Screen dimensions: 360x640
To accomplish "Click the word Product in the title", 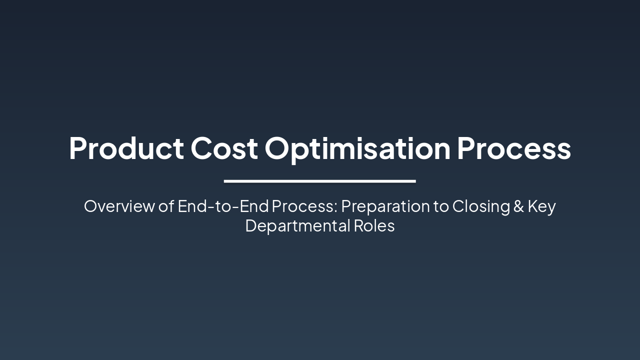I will click(126, 148).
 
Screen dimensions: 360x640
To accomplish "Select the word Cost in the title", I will click(224, 148).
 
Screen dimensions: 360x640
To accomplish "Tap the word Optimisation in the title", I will click(357, 148).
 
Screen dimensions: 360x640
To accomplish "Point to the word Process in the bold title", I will click(513, 148).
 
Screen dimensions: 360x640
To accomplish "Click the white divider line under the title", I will click(320, 181).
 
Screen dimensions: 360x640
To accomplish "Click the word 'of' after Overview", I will click(166, 206).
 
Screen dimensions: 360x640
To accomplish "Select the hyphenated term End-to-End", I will click(223, 206).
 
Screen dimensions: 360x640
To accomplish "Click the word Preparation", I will click(385, 206).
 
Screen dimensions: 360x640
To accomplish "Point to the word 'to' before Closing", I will click(441, 206).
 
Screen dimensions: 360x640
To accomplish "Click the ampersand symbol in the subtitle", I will click(518, 206).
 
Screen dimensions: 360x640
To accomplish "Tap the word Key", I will click(542, 206).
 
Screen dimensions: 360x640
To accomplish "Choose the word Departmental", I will click(297, 225).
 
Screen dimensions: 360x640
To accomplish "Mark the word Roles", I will click(374, 225).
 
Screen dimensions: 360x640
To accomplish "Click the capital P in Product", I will click(78, 148).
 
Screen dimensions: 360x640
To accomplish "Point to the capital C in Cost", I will click(201, 148).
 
